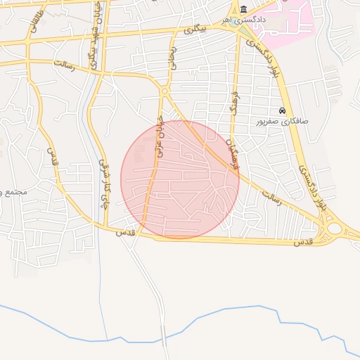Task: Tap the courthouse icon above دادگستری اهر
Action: point(243,9)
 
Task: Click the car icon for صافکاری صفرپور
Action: point(283,110)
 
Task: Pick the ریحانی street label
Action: point(171,58)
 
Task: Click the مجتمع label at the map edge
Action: point(13,191)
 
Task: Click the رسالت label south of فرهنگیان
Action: point(271,196)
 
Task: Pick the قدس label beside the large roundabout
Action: point(302,242)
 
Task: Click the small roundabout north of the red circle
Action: point(165,91)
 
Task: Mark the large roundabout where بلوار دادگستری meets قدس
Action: point(333,229)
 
